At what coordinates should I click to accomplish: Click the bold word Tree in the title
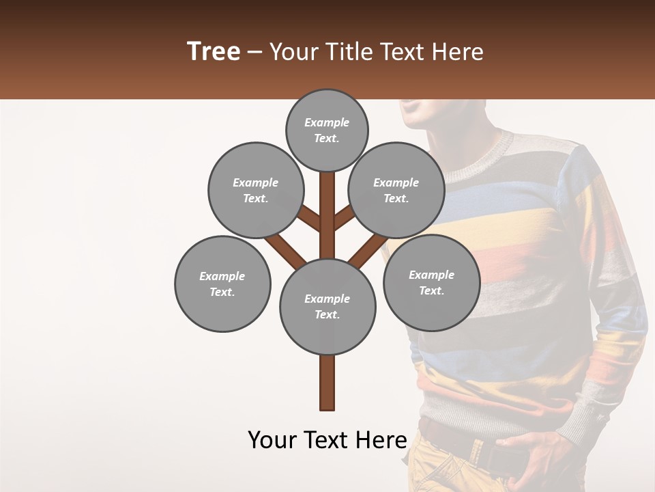pyautogui.click(x=214, y=52)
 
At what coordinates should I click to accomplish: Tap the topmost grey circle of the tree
pyautogui.click(x=327, y=130)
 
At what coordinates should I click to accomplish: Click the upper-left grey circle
pyautogui.click(x=256, y=190)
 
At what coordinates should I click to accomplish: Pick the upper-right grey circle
pyautogui.click(x=396, y=190)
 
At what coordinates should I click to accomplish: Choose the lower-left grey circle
pyautogui.click(x=222, y=284)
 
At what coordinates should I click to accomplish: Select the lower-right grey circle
pyautogui.click(x=431, y=282)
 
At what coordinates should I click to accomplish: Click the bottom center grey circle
pyautogui.click(x=327, y=307)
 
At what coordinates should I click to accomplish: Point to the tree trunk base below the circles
pyautogui.click(x=327, y=386)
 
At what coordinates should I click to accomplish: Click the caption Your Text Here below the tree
pyautogui.click(x=327, y=440)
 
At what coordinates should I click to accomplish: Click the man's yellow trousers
pyautogui.click(x=437, y=471)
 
